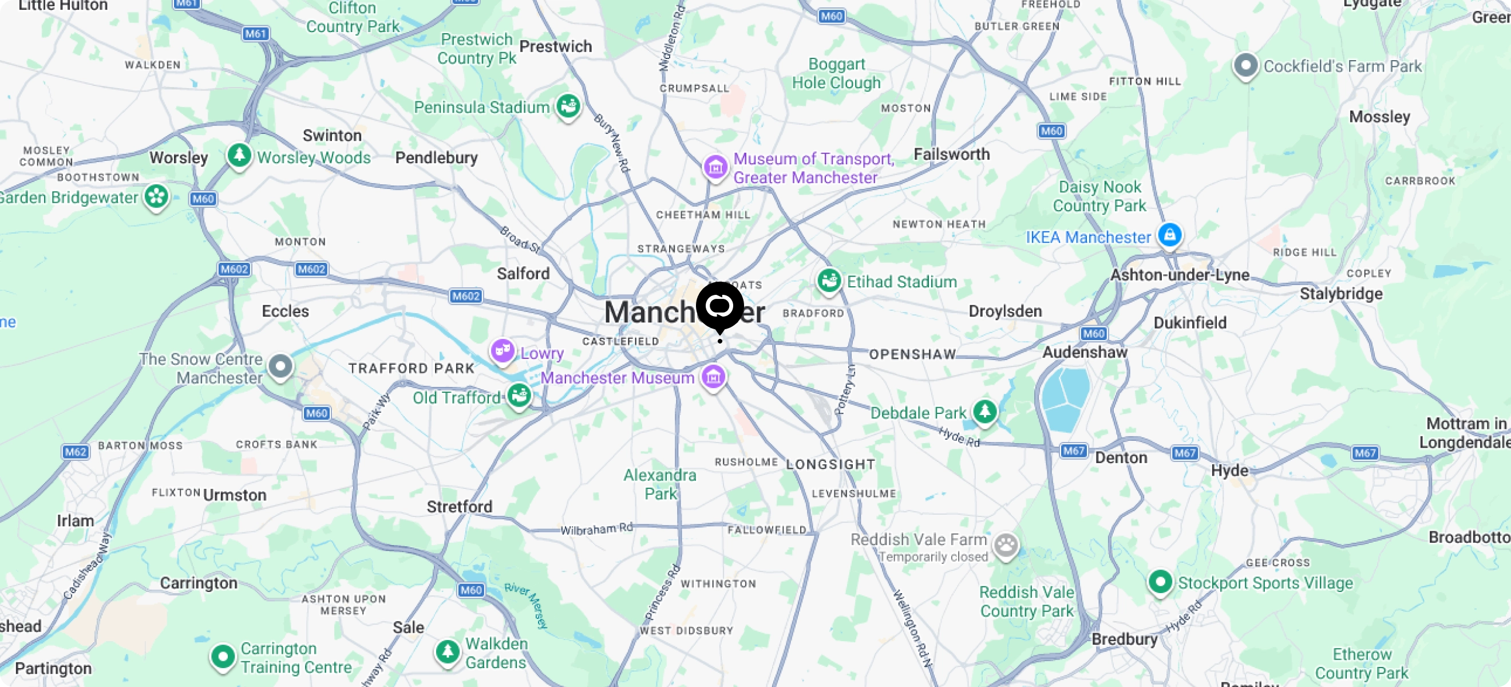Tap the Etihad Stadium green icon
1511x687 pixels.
click(828, 281)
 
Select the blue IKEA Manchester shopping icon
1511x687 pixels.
click(1170, 235)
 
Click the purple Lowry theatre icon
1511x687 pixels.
click(502, 351)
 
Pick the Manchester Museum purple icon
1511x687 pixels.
click(713, 377)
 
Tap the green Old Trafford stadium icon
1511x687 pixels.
click(519, 396)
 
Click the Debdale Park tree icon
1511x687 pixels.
click(984, 410)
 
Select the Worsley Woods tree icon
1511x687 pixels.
click(239, 156)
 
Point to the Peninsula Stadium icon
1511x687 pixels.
click(568, 106)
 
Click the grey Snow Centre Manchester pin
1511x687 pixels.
click(280, 366)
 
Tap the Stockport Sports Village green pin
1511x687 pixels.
click(1160, 582)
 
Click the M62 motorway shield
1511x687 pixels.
click(76, 452)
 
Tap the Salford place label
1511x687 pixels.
click(523, 274)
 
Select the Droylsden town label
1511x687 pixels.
click(1005, 311)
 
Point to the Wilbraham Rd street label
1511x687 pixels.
click(596, 528)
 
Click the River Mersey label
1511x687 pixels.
click(526, 605)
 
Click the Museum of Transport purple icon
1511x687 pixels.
click(715, 167)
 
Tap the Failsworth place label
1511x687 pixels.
click(951, 155)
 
